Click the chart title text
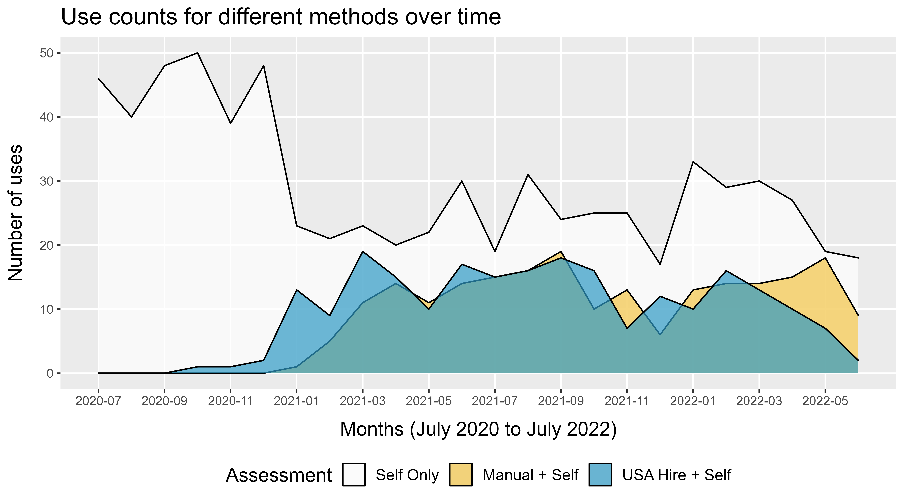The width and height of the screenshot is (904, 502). click(281, 17)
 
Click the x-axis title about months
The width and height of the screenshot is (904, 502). click(478, 429)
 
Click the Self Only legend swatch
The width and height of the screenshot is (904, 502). click(354, 475)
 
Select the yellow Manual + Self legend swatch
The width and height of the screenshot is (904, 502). click(460, 475)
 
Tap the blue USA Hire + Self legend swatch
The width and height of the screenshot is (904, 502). click(600, 475)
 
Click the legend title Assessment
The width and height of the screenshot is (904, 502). click(279, 476)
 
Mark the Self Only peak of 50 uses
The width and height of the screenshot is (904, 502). click(198, 53)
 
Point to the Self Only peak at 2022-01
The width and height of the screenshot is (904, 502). click(693, 162)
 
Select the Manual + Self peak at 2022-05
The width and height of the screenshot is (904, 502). click(825, 258)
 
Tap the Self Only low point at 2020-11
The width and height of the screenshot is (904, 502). click(231, 123)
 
